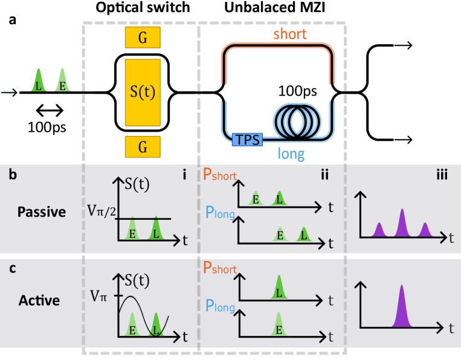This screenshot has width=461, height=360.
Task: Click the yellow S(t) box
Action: point(143,92)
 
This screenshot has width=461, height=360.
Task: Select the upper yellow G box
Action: point(143,37)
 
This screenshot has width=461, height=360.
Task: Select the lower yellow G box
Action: point(143,147)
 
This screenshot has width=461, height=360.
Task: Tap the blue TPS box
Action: point(247,140)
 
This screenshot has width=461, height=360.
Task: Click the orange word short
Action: point(290,34)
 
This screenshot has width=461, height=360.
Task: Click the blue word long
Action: point(291,153)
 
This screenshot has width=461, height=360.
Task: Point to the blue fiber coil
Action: point(297,118)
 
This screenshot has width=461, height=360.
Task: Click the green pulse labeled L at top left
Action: point(39,81)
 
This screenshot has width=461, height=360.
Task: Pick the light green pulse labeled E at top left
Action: point(62,81)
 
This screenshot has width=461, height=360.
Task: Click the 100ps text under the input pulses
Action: point(47,127)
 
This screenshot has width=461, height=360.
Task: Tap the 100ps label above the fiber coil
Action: point(298,91)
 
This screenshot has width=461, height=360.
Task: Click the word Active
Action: point(39,300)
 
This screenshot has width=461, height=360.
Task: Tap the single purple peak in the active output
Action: point(402,308)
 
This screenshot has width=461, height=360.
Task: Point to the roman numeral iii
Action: point(442,175)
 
